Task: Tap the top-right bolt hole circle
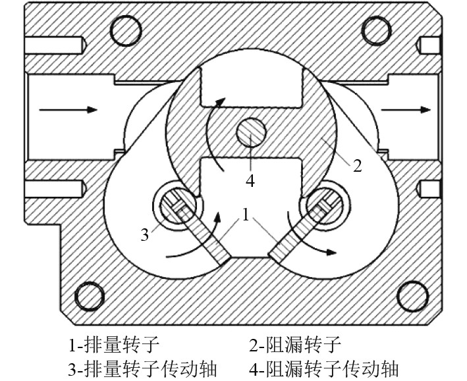point(377,28)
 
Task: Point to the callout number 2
point(357,165)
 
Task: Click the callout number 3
point(144,234)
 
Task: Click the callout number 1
point(245,215)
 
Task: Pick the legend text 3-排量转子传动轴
point(143,367)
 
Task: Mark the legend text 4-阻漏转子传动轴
point(325,367)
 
